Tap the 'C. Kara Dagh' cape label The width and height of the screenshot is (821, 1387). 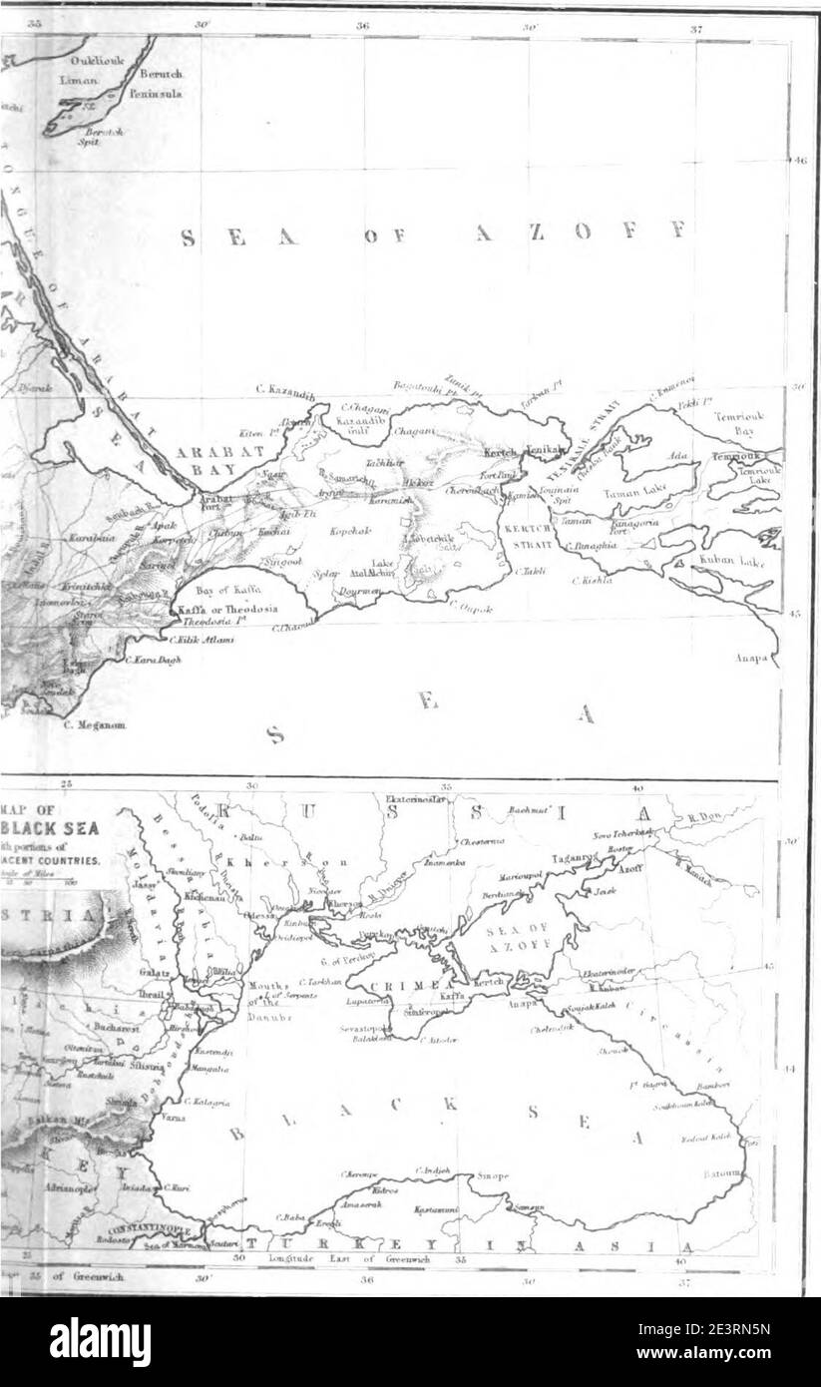tap(152, 660)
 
